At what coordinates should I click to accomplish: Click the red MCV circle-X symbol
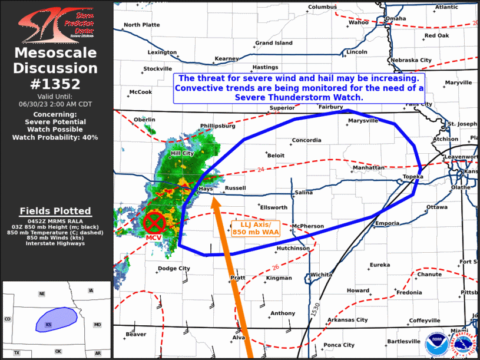155,223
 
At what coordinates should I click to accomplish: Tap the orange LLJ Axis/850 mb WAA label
256,229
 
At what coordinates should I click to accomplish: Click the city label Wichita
321,275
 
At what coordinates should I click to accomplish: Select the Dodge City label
174,269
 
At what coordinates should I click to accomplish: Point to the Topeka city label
413,177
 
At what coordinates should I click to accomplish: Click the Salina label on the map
304,192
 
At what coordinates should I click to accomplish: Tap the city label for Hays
205,189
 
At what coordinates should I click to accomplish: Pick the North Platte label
141,25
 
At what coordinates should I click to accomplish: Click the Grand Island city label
273,43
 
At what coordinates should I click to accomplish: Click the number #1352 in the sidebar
56,84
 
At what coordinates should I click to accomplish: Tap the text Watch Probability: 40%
55,137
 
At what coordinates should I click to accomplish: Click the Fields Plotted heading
55,211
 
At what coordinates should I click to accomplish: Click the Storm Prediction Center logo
55,22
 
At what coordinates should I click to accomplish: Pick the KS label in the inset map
49,325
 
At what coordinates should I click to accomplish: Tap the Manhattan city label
368,168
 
